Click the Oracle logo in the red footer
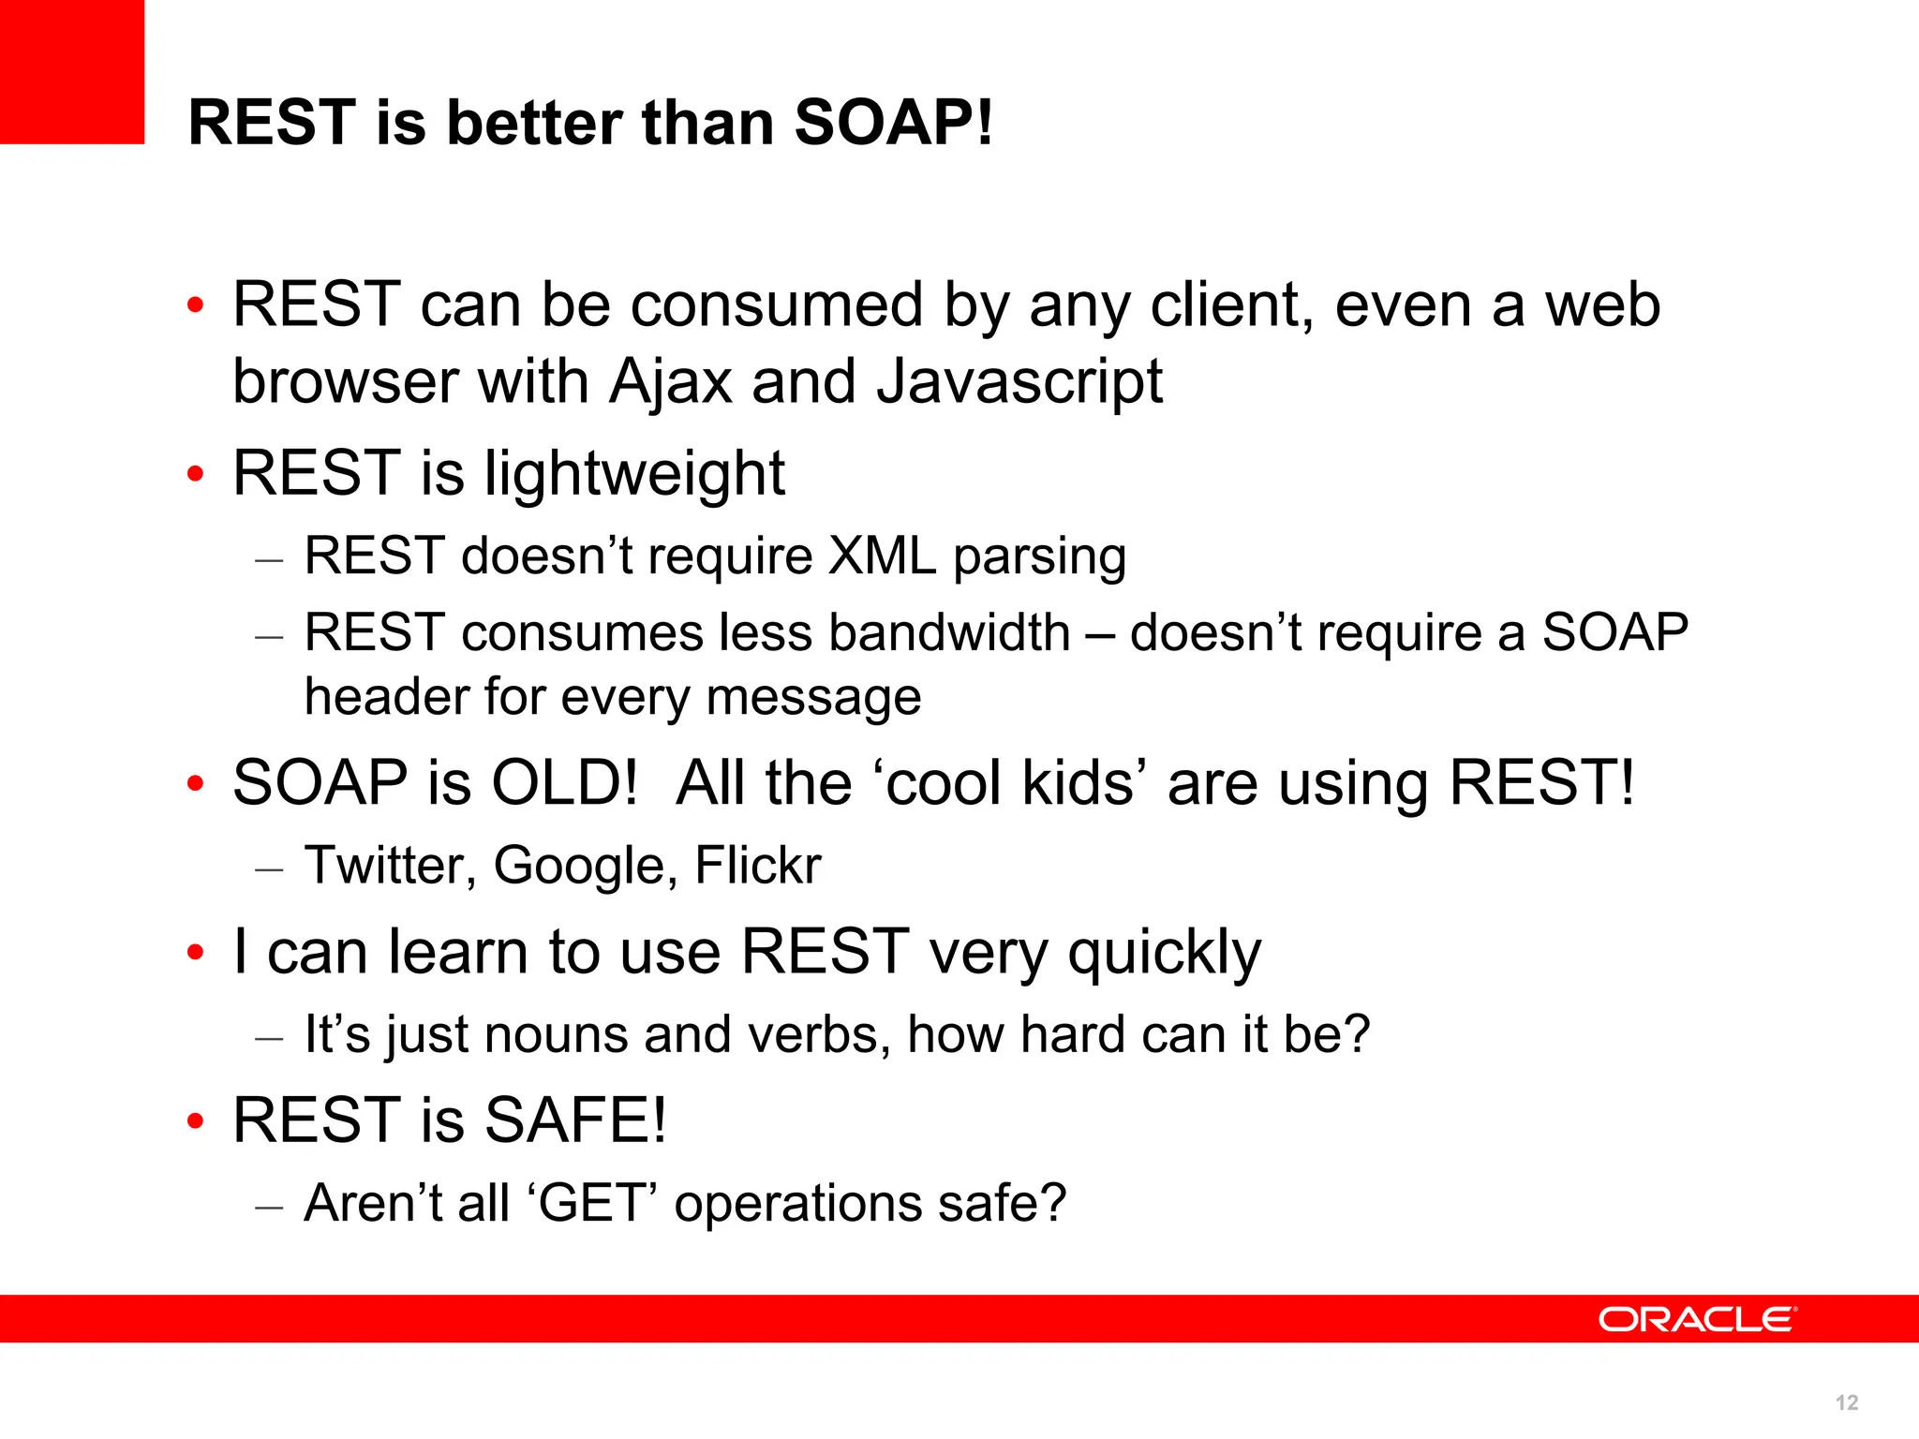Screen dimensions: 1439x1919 tap(1697, 1319)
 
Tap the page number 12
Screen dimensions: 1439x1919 tap(1846, 1402)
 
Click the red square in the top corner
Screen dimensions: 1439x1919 tap(71, 71)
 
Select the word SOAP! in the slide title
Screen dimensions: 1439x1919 tap(893, 122)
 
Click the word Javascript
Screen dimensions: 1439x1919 tap(1019, 382)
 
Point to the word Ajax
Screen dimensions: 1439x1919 tap(670, 382)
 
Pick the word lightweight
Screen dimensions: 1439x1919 tap(634, 474)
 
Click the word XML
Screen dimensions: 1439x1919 tap(882, 556)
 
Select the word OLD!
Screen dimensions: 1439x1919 tap(565, 782)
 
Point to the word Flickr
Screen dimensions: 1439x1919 tap(757, 865)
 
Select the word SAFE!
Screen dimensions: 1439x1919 tap(575, 1120)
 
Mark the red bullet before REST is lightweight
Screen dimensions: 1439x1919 tap(195, 474)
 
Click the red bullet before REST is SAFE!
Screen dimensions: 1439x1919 tap(195, 1120)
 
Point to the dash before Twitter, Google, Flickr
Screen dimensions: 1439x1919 tap(269, 869)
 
